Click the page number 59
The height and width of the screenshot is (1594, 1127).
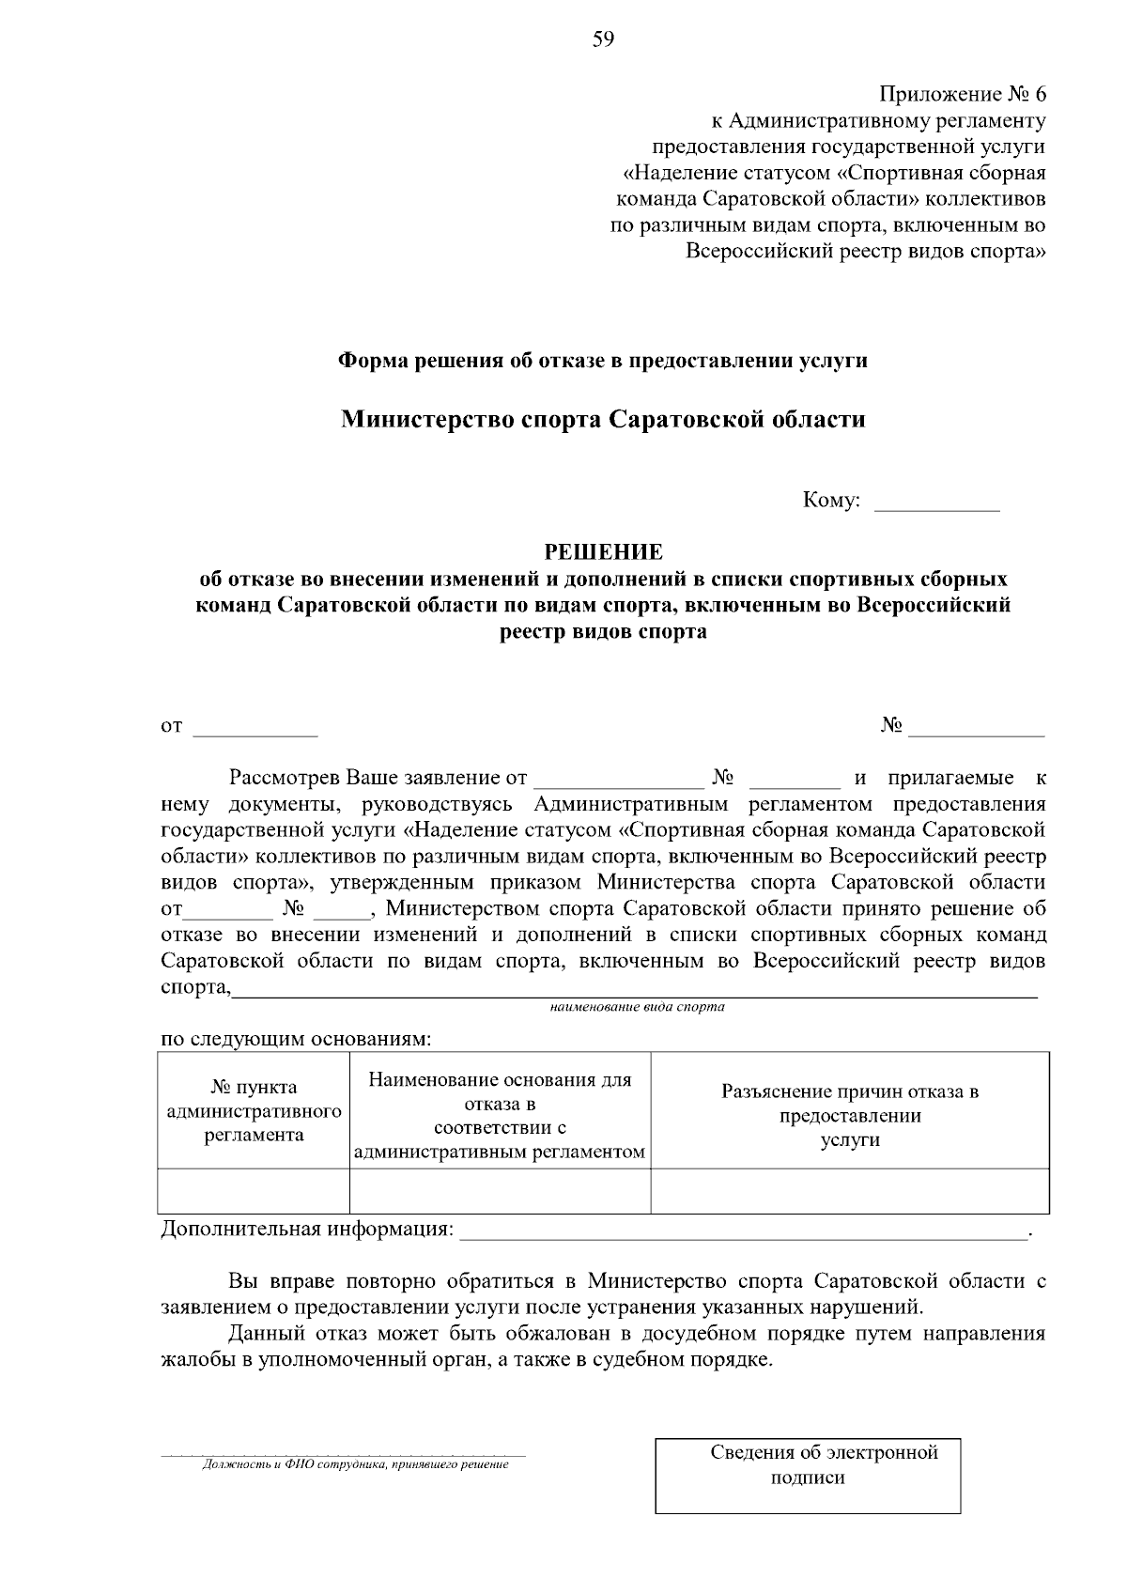(603, 39)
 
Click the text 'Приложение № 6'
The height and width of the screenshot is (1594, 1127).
(962, 95)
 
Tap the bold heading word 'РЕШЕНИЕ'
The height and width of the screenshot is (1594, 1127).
(604, 551)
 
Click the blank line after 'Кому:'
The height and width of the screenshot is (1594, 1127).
(936, 503)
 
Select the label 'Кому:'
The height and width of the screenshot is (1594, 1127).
(831, 501)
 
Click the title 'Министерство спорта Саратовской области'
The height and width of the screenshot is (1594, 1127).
(603, 419)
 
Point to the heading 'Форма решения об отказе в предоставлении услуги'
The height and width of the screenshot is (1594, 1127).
(603, 361)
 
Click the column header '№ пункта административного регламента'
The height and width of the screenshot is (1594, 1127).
(254, 1110)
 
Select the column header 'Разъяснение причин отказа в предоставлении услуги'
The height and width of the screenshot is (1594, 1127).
(850, 1115)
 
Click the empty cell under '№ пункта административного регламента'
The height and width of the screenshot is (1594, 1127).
(254, 1191)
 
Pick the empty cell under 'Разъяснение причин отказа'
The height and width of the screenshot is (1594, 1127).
(850, 1191)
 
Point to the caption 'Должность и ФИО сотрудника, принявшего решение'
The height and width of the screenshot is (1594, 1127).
(356, 1463)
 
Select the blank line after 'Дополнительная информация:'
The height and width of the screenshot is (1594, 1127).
(742, 1232)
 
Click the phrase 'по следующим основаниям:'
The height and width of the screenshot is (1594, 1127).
(297, 1039)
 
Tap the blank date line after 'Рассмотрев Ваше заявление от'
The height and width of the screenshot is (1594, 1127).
(617, 781)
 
